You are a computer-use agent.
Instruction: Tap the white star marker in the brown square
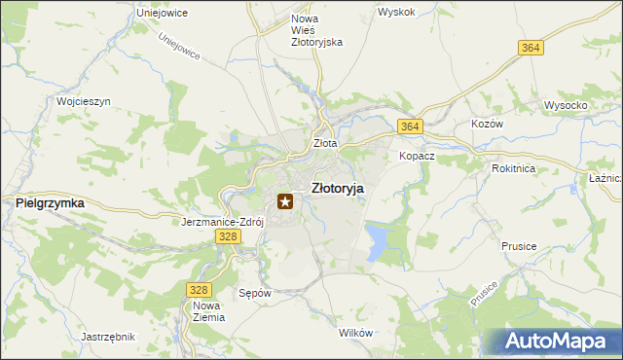coord(285,202)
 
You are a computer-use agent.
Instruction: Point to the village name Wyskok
coord(397,12)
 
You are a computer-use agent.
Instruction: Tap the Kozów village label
coord(487,126)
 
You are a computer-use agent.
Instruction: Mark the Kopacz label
coord(416,156)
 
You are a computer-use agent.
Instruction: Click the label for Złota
coord(324,143)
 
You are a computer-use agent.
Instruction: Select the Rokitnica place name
coord(513,167)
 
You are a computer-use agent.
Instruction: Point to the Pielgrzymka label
coord(50,202)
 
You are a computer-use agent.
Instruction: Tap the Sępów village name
coord(253,292)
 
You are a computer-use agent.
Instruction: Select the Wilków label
coord(355,333)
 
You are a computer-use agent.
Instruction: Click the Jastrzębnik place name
coord(107,337)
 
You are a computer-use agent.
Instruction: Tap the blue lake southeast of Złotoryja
coord(377,242)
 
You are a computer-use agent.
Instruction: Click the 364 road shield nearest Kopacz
coord(409,127)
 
